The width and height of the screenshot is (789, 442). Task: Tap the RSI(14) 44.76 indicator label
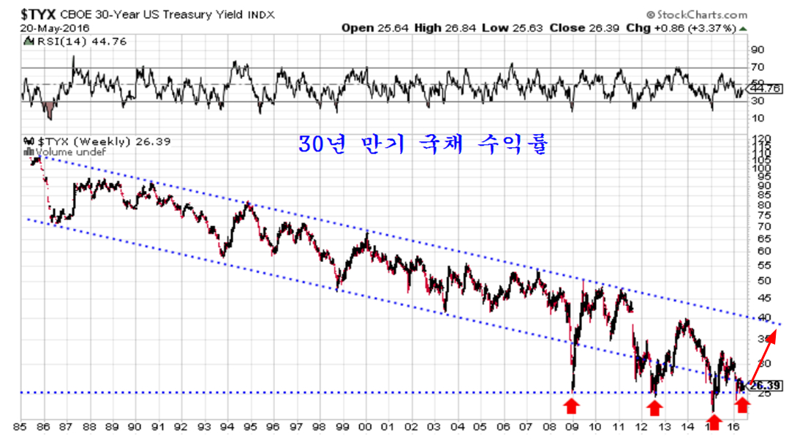click(61, 41)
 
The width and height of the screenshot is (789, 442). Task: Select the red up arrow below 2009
click(572, 403)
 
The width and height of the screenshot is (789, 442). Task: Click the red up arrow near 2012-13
click(655, 405)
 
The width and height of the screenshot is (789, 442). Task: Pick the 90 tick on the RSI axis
click(758, 50)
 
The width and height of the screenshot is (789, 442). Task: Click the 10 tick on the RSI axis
click(758, 117)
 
